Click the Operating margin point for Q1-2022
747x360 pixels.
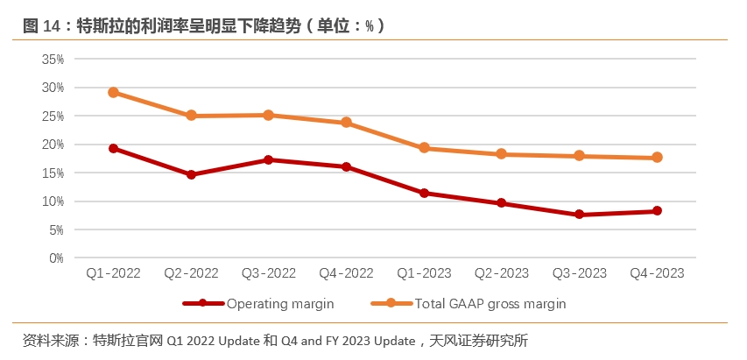tap(113, 148)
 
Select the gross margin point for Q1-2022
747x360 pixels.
tap(113, 92)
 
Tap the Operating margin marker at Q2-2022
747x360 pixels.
tap(191, 174)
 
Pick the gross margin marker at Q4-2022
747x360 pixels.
tap(347, 123)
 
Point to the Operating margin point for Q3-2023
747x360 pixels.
tap(580, 215)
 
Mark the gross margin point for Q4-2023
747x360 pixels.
tap(657, 158)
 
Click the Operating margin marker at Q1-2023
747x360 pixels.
tap(424, 193)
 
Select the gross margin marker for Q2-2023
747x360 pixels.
tap(502, 154)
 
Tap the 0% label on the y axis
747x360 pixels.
tap(56, 258)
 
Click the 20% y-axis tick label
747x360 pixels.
tap(53, 145)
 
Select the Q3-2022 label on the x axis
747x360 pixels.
tap(269, 273)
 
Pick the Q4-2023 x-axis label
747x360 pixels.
tap(657, 273)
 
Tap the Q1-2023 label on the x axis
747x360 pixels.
tap(424, 273)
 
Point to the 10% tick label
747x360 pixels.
tap(53, 201)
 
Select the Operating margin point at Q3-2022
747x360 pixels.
tap(269, 159)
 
